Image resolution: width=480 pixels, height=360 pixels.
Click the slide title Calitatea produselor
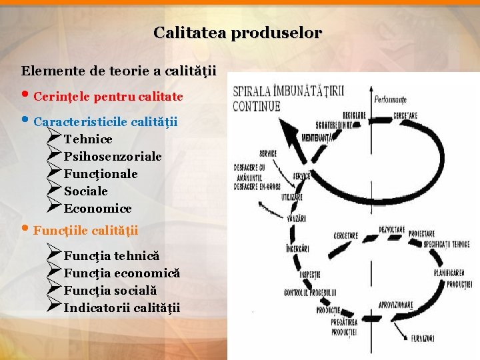pos(237,32)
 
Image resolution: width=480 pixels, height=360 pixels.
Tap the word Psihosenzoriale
pos(113,157)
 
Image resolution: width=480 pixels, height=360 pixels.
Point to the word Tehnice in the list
pos(88,139)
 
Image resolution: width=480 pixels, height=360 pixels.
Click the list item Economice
pos(98,209)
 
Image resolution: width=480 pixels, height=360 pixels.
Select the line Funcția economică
pos(122,273)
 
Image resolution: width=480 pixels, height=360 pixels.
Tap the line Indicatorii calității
pos(122,308)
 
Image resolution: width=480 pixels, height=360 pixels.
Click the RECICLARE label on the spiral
pos(354,115)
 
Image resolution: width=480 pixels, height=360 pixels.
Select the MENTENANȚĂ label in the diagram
pos(317,138)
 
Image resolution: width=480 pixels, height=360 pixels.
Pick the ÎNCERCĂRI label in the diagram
pos(297,249)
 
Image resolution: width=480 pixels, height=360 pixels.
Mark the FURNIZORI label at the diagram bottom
pos(422,339)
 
